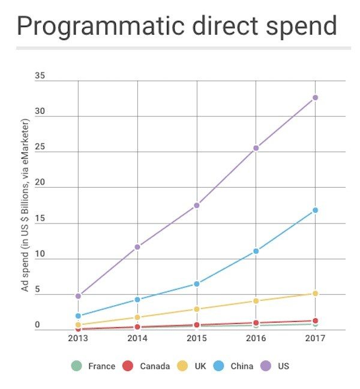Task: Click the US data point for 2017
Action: point(315,98)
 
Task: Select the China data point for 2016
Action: point(256,251)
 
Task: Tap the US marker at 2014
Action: point(137,247)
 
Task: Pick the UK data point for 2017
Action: point(315,294)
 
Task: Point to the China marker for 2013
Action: point(78,316)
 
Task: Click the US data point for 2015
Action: point(197,206)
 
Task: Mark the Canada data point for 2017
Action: point(315,321)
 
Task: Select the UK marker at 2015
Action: point(197,309)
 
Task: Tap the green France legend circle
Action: point(76,366)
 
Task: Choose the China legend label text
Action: point(242,366)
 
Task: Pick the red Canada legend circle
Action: point(127,366)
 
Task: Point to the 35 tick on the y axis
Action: point(40,76)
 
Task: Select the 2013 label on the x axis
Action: point(78,339)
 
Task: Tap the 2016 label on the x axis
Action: point(256,339)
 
